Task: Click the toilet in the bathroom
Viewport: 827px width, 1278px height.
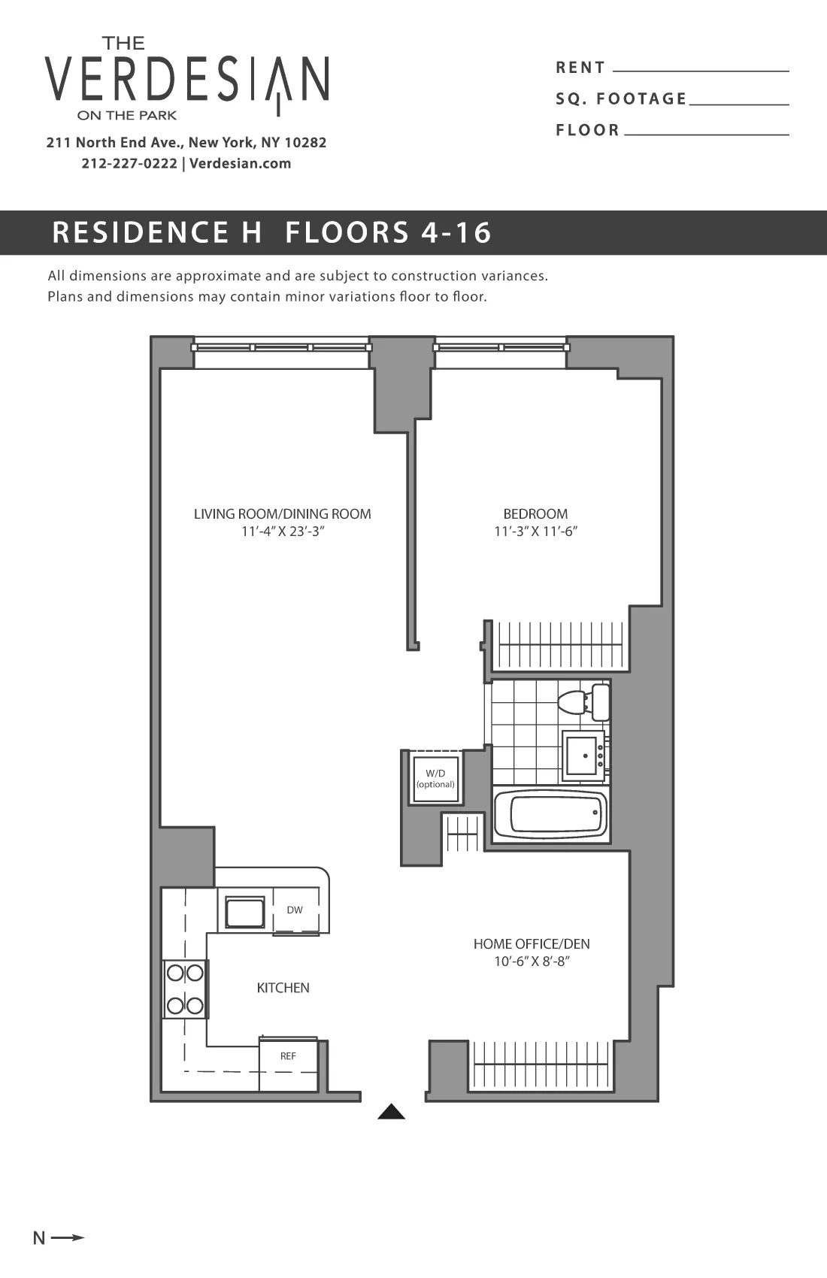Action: click(x=583, y=701)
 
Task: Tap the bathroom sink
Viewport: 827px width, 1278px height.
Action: click(x=583, y=755)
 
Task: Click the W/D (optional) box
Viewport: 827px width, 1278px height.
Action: click(x=435, y=779)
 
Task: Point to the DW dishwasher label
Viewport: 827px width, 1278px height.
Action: click(x=295, y=910)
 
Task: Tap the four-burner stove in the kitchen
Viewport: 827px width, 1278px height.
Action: click(x=185, y=989)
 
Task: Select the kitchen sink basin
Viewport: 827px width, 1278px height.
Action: click(x=245, y=913)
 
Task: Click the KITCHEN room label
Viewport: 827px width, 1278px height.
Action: click(x=283, y=988)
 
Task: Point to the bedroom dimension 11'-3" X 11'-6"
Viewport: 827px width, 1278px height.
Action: click(x=535, y=531)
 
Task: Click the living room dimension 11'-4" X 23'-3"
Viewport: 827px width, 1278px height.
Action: click(x=283, y=531)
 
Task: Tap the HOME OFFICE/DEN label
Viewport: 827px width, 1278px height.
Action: click(x=532, y=943)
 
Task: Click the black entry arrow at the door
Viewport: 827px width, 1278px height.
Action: click(x=391, y=1112)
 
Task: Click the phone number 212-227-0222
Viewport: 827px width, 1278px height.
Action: click(x=129, y=163)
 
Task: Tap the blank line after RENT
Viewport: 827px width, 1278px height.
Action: click(x=701, y=69)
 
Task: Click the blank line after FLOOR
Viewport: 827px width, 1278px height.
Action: click(x=706, y=132)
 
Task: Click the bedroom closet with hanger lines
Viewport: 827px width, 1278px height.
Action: click(x=560, y=645)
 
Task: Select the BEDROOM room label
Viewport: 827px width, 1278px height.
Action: click(x=535, y=513)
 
